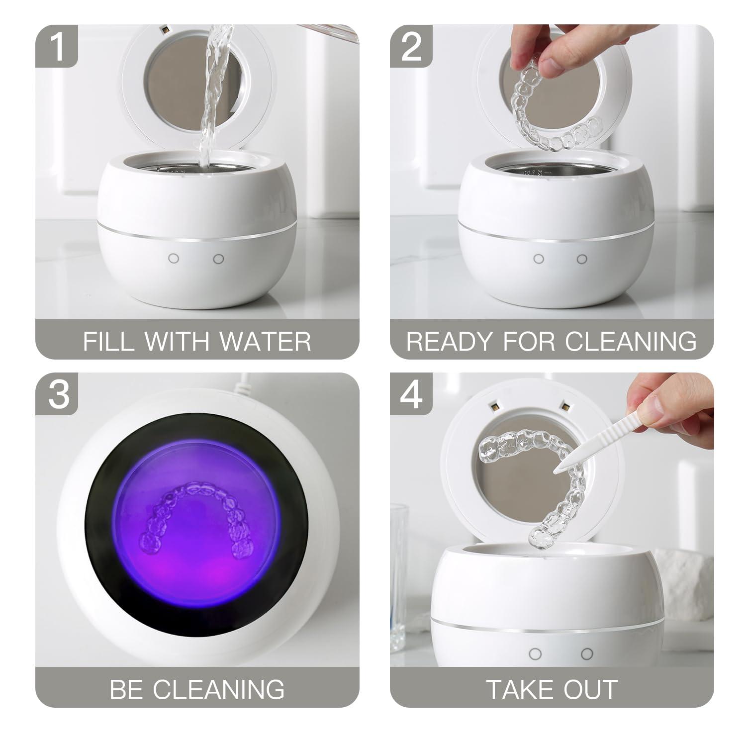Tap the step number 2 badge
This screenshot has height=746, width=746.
(x=411, y=46)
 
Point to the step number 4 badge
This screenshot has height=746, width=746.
(x=411, y=394)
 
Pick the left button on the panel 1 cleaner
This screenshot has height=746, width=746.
(x=174, y=259)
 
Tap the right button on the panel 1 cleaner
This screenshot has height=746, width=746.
(x=218, y=259)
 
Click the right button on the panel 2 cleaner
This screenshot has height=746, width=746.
(x=582, y=259)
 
